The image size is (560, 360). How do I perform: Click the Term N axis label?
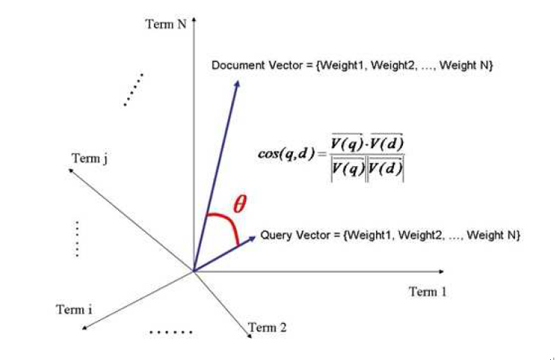click(166, 24)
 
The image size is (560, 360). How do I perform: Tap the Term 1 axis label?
click(427, 292)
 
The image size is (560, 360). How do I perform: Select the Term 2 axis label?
click(267, 327)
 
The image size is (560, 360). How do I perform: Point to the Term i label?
click(74, 310)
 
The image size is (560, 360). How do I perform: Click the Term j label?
click(90, 158)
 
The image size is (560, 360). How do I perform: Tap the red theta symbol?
click(239, 204)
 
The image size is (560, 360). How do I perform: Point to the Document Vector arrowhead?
click(237, 84)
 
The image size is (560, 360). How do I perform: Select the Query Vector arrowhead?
click(252, 238)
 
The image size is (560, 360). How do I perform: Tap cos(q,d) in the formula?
click(287, 154)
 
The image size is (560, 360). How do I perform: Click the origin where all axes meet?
click(194, 271)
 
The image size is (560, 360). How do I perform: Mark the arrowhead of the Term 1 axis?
click(441, 272)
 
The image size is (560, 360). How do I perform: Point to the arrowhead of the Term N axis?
click(194, 20)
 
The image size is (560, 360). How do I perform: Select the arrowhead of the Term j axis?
click(71, 171)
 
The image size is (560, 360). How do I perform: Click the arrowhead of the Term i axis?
click(85, 327)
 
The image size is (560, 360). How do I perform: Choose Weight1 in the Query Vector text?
click(370, 235)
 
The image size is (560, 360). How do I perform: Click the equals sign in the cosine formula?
click(322, 154)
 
